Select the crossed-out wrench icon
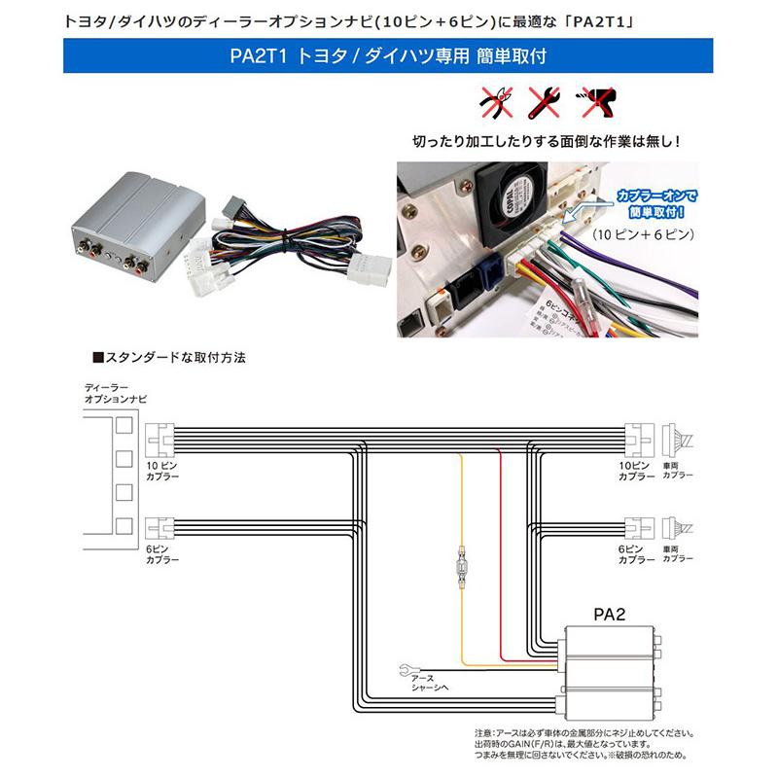click(542, 100)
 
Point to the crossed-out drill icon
click(591, 100)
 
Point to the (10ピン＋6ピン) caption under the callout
click(642, 236)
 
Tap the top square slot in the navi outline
click(124, 424)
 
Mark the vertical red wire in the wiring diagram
click(499, 545)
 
